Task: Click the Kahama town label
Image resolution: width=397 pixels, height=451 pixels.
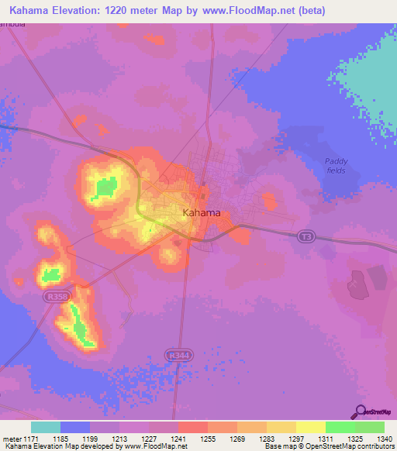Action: pyautogui.click(x=201, y=212)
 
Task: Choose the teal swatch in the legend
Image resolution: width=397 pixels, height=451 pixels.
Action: pyautogui.click(x=46, y=427)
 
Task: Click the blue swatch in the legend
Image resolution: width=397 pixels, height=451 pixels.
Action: pyautogui.click(x=75, y=427)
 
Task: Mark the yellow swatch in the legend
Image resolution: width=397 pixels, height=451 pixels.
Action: pyautogui.click(x=311, y=427)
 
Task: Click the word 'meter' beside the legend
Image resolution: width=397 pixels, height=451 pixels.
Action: pyautogui.click(x=10, y=438)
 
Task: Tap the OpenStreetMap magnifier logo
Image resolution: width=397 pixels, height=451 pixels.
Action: pyautogui.click(x=360, y=411)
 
